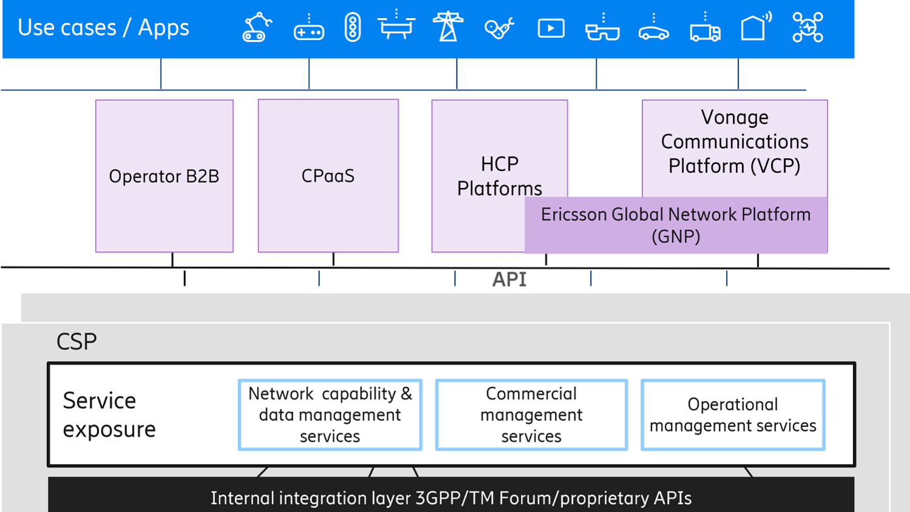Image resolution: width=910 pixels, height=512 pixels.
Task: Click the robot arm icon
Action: click(x=256, y=28)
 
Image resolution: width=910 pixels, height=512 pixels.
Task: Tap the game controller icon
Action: click(x=308, y=29)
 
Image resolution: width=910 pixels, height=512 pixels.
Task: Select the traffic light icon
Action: click(x=352, y=28)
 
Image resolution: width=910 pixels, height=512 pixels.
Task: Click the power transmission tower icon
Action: click(x=448, y=27)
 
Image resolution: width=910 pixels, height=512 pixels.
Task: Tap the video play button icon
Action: click(x=551, y=29)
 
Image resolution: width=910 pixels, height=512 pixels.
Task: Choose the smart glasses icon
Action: click(x=602, y=29)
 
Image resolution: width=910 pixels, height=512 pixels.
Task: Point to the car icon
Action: click(x=653, y=30)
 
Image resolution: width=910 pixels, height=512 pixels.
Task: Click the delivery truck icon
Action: click(x=705, y=30)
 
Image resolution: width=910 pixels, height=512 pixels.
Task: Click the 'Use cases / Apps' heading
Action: click(x=103, y=28)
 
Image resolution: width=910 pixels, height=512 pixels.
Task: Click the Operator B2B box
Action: click(x=164, y=176)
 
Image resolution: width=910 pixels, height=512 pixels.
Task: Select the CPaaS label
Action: click(x=328, y=176)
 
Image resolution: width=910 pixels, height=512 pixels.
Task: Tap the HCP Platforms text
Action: click(x=499, y=176)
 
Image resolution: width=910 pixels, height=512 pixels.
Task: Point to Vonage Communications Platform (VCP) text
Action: click(x=735, y=142)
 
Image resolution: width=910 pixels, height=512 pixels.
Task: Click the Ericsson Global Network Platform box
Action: click(x=676, y=225)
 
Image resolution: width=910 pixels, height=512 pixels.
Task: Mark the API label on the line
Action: click(x=509, y=280)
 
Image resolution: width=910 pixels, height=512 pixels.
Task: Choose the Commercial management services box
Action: click(x=531, y=415)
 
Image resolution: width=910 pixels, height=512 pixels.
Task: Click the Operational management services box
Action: click(x=733, y=415)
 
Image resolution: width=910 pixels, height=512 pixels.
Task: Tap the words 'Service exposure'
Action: click(x=109, y=415)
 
